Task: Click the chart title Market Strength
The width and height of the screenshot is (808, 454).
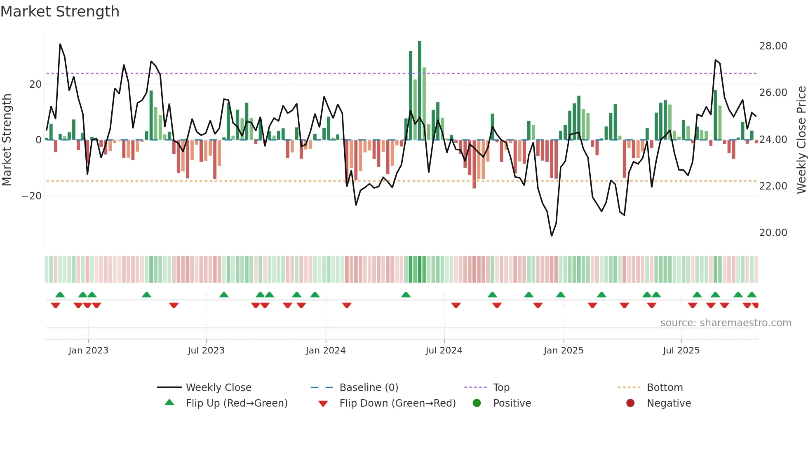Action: (x=60, y=12)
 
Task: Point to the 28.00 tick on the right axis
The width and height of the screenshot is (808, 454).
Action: (x=773, y=46)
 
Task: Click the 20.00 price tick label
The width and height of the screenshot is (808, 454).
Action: (x=773, y=233)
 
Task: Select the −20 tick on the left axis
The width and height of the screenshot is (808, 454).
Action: (x=31, y=196)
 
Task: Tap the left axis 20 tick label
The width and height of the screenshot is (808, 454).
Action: (x=35, y=84)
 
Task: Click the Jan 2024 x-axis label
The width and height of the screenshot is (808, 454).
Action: (x=325, y=351)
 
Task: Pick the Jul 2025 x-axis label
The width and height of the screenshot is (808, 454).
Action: (x=681, y=351)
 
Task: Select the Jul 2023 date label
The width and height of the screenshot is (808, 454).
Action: (x=206, y=351)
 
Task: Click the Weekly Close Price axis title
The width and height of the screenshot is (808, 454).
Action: (x=801, y=140)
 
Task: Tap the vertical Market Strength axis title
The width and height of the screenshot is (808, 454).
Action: (x=7, y=140)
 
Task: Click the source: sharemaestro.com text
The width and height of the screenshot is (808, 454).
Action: (x=726, y=323)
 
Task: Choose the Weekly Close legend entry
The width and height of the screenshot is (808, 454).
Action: (x=218, y=388)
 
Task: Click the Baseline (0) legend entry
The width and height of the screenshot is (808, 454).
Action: (x=369, y=388)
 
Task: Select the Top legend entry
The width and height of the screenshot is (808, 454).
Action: (x=501, y=388)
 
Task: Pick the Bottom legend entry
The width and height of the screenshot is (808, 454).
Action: (x=665, y=388)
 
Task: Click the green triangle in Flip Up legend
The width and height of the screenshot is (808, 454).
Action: (x=169, y=403)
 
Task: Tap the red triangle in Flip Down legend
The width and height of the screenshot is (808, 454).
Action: (x=323, y=404)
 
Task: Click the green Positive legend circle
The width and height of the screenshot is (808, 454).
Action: (x=477, y=403)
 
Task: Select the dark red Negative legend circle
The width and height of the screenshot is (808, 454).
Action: (x=630, y=403)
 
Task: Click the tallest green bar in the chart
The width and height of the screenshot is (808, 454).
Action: (x=420, y=91)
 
